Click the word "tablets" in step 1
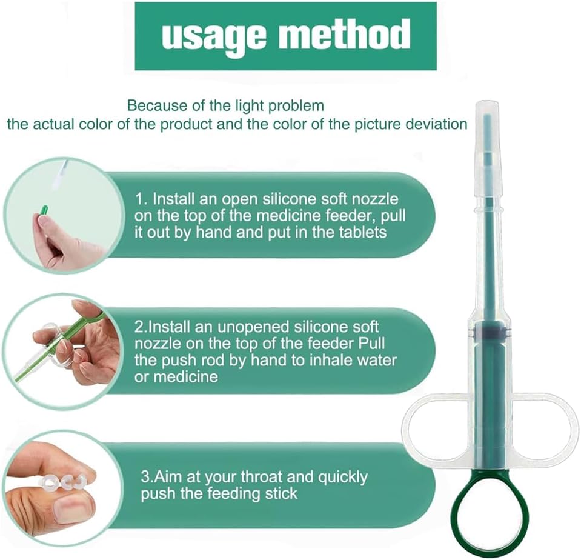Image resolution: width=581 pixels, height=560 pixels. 362,232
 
